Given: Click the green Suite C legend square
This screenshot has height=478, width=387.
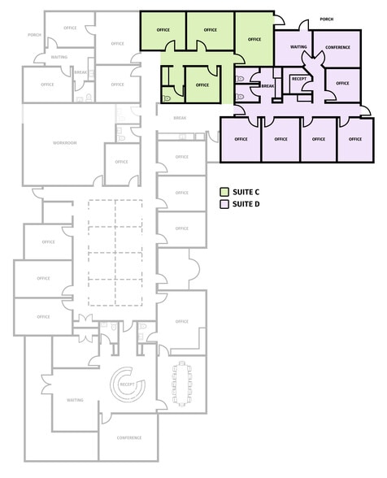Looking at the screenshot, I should (224, 192).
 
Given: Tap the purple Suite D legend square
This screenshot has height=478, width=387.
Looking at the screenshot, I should (224, 204).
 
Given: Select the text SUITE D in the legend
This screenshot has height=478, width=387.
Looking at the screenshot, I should (246, 204).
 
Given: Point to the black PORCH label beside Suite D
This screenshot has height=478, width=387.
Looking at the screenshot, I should (327, 18).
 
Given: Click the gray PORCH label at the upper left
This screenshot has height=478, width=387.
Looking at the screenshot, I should (34, 35).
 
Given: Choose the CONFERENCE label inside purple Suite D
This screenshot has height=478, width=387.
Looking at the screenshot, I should (337, 47).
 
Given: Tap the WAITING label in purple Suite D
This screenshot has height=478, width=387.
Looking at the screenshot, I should (298, 47).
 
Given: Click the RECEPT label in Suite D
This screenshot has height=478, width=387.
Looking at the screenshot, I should (298, 79).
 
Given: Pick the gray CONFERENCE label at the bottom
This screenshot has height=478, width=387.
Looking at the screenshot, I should (128, 437).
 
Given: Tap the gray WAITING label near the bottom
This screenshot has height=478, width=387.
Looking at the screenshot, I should (76, 400).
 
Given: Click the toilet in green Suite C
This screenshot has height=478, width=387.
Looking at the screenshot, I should (167, 96).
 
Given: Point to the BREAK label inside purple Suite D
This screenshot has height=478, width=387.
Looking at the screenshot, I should (267, 85).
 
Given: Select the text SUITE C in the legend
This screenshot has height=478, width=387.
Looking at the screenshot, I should (246, 192).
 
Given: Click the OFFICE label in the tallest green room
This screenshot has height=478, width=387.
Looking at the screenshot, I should (254, 39).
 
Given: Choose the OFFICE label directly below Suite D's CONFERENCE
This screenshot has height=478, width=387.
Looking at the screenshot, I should (342, 83).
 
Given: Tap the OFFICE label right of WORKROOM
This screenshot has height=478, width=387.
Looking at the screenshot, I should (121, 162).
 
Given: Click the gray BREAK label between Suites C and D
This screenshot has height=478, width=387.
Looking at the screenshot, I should (180, 118).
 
